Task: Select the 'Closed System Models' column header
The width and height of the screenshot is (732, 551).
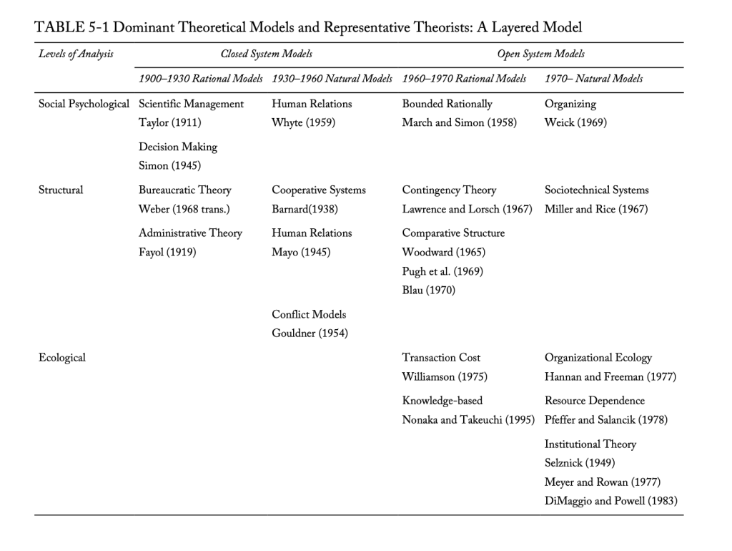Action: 266,54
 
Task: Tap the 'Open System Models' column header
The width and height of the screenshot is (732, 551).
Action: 540,54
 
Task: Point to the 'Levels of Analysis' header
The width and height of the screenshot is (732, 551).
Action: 76,54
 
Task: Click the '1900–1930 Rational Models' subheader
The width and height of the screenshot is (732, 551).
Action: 200,79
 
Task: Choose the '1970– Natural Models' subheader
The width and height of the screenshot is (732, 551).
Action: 593,79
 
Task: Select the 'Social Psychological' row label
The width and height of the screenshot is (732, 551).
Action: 84,104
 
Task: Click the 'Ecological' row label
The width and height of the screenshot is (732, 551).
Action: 61,357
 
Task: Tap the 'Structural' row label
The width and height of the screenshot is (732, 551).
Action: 61,190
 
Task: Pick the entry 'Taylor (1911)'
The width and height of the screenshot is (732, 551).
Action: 169,122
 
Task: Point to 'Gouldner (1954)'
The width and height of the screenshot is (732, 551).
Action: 310,333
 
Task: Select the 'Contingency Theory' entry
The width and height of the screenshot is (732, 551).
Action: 449,190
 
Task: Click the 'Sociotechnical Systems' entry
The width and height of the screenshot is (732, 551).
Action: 596,190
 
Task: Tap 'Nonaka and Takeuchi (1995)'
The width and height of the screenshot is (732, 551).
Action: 468,419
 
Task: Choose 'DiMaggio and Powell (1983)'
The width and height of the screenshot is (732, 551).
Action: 610,500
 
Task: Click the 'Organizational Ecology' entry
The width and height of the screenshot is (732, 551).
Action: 598,357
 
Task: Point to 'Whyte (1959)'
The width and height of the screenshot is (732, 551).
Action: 303,122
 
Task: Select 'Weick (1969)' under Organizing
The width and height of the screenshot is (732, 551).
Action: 575,122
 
